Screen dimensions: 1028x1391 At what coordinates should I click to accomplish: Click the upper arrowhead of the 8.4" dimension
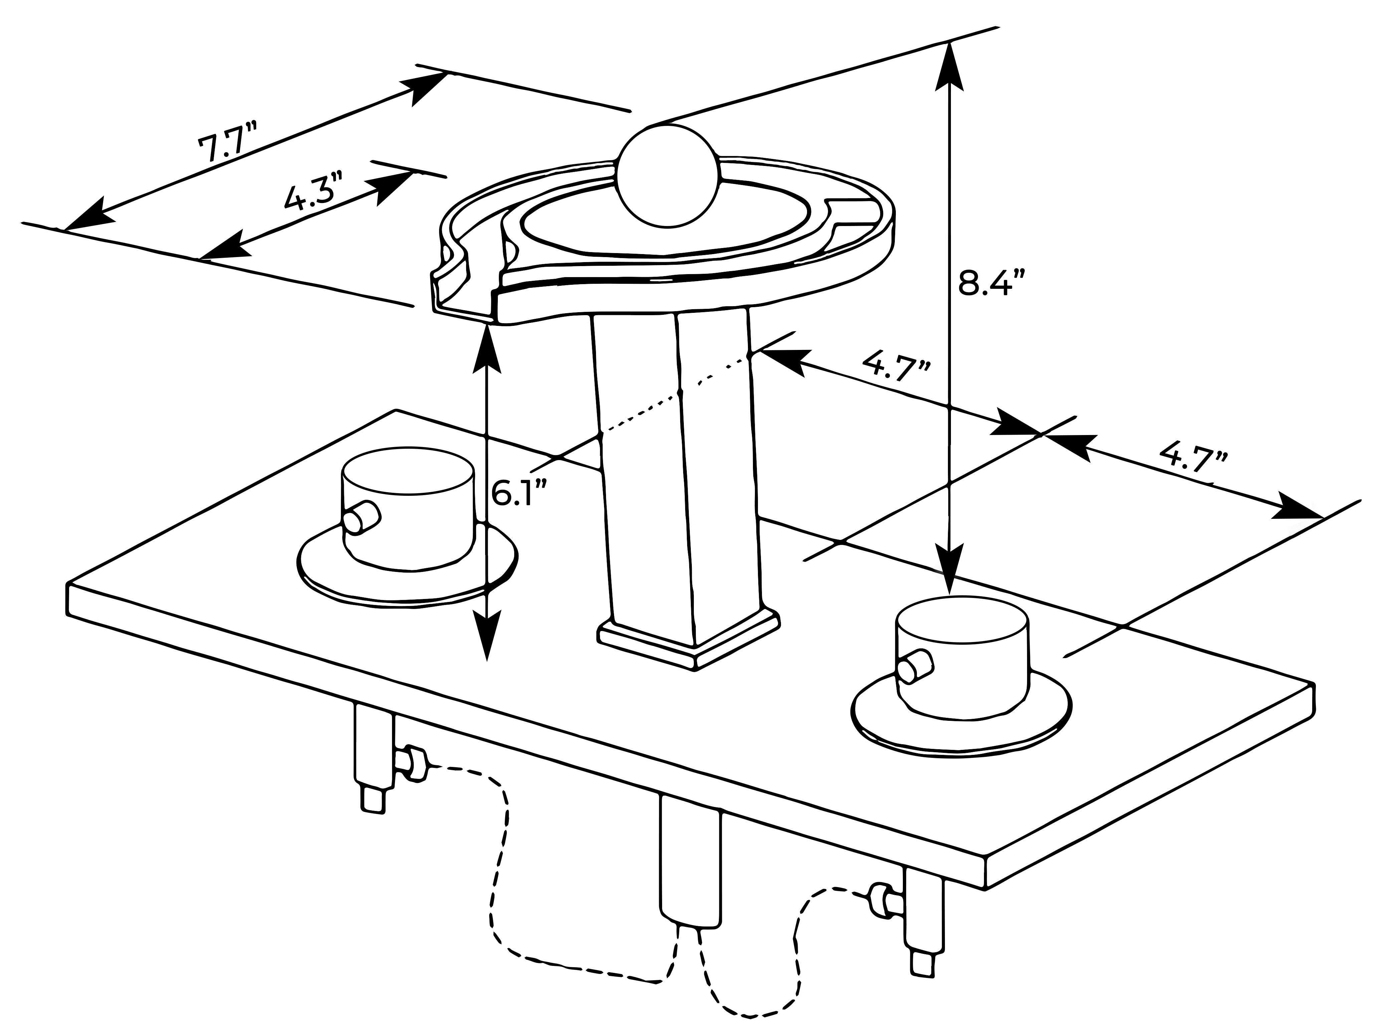click(x=949, y=65)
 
